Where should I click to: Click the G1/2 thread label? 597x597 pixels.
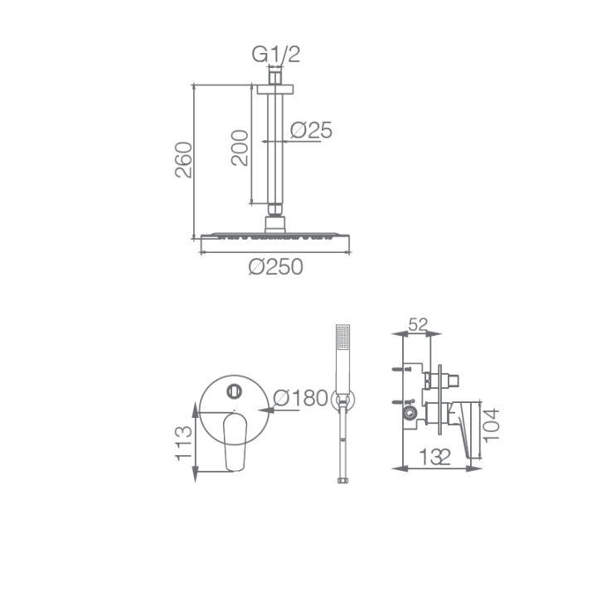275,54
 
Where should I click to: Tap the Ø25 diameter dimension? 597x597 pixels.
311,130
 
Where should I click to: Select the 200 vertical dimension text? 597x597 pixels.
240,148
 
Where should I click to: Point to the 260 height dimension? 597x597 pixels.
183,159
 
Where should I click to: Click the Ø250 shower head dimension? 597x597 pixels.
275,266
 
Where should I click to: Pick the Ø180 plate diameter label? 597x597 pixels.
300,398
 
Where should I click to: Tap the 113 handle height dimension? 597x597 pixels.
183,443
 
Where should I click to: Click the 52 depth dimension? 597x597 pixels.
418,325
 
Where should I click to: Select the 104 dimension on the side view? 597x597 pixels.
491,425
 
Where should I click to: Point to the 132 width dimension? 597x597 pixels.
434,457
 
